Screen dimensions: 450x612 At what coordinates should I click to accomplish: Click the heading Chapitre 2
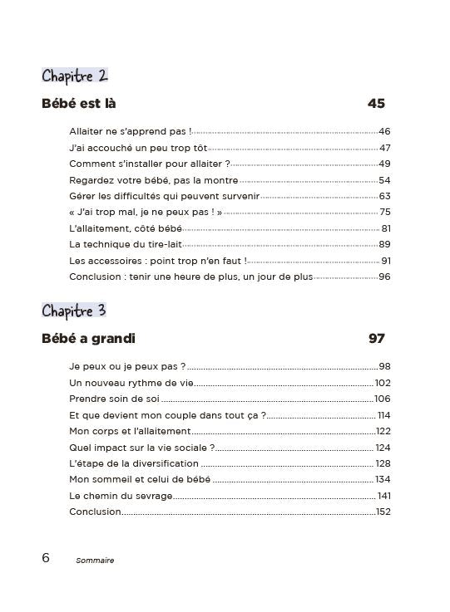coord(75,76)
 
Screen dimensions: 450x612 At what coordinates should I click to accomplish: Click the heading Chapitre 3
coord(75,311)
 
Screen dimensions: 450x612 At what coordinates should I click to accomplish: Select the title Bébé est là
coord(79,105)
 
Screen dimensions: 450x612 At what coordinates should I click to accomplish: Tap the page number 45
coord(375,105)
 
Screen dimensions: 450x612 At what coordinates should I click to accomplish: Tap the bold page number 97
coord(376,339)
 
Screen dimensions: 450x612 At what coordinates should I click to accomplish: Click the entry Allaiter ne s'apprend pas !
coord(131,131)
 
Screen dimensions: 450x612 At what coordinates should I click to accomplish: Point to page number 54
coord(384,179)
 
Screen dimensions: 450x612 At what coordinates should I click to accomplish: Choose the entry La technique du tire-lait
coord(126,244)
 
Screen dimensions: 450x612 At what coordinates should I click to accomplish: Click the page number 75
coord(384,212)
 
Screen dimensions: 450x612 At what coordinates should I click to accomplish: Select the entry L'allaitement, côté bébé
coord(125,228)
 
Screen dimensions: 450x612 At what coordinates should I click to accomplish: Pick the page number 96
coord(384,277)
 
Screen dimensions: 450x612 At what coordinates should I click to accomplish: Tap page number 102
coord(383,383)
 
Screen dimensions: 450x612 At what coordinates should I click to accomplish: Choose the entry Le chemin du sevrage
coord(121,495)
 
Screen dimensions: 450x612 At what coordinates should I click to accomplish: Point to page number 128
coord(383,463)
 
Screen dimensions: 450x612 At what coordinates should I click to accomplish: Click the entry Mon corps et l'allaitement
coord(131,431)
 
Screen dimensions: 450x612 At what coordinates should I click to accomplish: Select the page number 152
coord(383,511)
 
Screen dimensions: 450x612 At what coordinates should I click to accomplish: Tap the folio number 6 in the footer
coord(46,558)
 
